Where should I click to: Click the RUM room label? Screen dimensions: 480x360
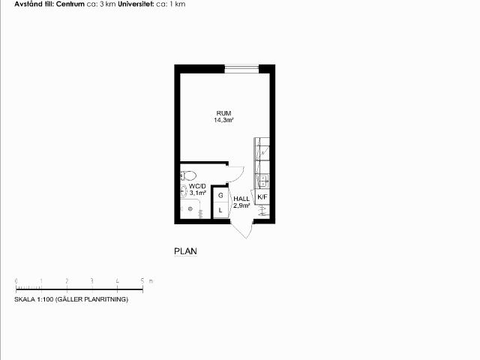click(223, 113)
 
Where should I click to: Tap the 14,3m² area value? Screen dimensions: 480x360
click(223, 120)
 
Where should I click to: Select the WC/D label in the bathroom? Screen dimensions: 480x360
click(197, 186)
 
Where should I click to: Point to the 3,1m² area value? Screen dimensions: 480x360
click(197, 193)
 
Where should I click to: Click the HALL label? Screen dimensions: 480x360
click(241, 199)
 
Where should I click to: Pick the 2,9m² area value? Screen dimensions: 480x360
click(241, 205)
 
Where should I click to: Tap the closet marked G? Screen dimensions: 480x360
click(220, 195)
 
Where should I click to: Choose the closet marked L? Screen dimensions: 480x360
click(220, 210)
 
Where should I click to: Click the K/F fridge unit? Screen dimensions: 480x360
click(262, 196)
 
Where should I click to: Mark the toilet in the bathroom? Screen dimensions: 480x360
click(188, 175)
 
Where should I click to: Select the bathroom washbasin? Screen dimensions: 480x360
click(184, 191)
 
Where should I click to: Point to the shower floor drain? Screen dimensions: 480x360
click(190, 208)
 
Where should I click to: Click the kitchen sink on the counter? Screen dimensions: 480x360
click(262, 181)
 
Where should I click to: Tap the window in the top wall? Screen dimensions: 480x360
click(241, 69)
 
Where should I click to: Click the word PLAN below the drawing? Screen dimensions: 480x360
click(185, 251)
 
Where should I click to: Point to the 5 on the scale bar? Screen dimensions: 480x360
click(142, 280)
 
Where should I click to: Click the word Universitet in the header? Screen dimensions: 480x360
click(136, 4)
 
